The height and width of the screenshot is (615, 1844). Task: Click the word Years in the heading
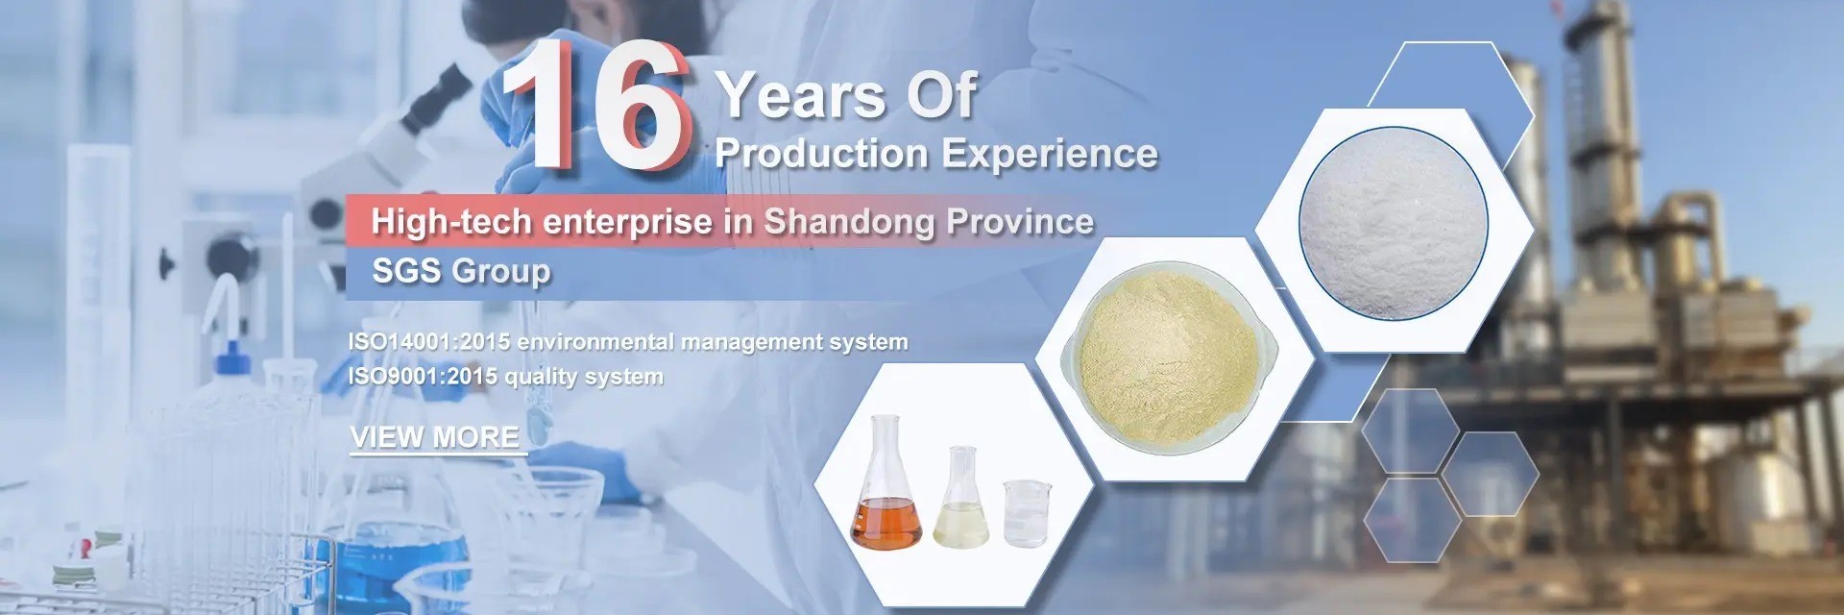tap(801, 96)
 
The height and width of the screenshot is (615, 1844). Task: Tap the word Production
tap(821, 154)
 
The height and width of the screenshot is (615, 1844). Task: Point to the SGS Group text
tap(461, 271)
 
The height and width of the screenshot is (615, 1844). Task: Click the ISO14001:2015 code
tap(428, 342)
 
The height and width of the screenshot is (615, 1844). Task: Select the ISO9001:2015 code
tap(422, 376)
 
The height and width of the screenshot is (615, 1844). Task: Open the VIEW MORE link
tap(435, 437)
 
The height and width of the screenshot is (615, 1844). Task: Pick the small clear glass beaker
tap(1026, 514)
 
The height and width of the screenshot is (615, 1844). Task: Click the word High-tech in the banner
tap(450, 222)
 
